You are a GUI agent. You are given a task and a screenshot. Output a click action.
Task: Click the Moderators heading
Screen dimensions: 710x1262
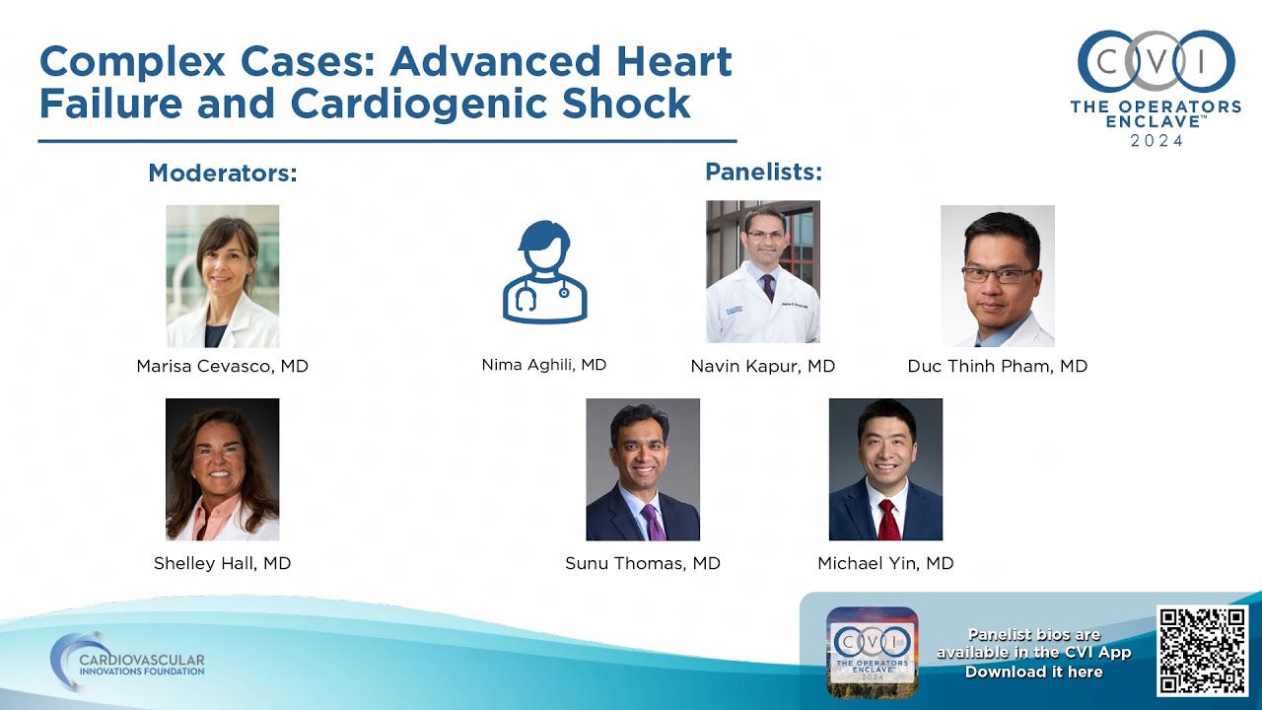point(223,174)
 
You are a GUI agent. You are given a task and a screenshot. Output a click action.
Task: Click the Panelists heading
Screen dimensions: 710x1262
point(763,172)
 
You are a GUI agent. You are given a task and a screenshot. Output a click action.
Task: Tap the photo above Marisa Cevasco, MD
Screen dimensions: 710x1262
point(222,276)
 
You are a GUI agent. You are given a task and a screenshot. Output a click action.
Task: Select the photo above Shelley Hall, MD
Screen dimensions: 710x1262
point(222,469)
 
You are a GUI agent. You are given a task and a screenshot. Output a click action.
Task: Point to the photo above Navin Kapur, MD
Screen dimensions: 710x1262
point(763,272)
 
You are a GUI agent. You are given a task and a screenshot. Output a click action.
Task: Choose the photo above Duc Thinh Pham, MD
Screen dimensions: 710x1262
point(997,276)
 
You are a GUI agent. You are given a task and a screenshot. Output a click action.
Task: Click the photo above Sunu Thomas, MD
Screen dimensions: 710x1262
point(643,469)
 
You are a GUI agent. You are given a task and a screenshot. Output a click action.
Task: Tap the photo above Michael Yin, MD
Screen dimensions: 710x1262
point(885,469)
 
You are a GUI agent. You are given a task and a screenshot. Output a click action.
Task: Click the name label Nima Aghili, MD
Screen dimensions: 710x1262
point(544,365)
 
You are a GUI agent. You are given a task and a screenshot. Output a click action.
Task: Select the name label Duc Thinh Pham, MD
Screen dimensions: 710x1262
point(997,366)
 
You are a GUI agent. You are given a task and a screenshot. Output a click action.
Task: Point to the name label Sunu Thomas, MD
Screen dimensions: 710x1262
point(643,563)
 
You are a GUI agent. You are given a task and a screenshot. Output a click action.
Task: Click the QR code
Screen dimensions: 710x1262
point(1203,651)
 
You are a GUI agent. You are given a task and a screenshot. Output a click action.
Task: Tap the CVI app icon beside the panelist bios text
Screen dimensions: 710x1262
point(872,652)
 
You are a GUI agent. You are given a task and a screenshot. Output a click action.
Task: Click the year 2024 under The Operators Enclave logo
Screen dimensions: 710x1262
point(1157,140)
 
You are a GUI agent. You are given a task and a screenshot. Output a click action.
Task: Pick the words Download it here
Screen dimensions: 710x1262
point(1033,672)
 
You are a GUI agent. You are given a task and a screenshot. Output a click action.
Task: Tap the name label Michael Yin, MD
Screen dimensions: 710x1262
point(885,563)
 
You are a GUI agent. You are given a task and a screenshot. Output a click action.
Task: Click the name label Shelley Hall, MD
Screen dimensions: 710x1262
point(222,563)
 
